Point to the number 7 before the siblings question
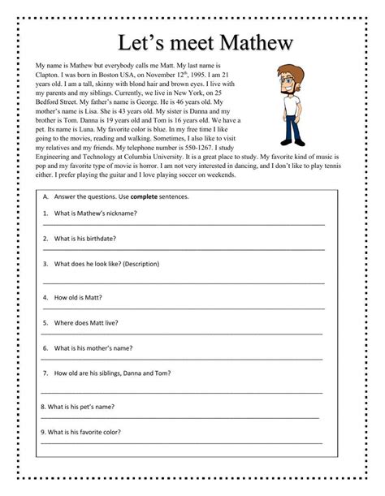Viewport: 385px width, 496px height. point(45,374)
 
